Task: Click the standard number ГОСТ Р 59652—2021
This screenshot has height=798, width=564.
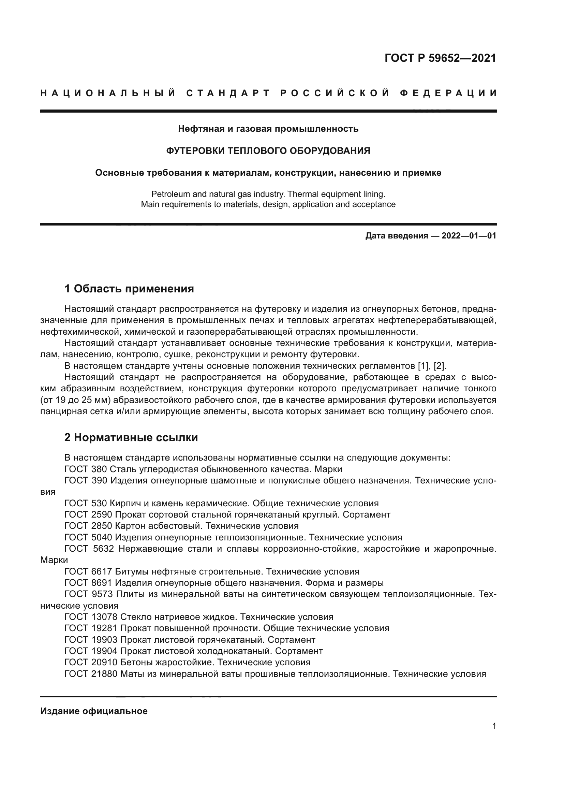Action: (x=440, y=58)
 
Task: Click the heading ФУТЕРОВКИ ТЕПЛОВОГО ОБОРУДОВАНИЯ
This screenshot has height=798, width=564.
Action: (x=268, y=151)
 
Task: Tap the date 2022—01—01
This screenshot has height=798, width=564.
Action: (x=469, y=236)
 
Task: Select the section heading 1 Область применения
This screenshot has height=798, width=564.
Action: (x=129, y=289)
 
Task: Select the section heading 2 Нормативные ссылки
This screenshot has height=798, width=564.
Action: (x=131, y=438)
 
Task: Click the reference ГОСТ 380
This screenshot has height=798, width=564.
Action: (x=86, y=469)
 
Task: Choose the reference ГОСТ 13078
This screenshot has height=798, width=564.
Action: (x=91, y=617)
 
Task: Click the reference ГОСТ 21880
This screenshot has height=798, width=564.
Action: (x=91, y=674)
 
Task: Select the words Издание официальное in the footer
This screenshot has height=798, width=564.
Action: (x=94, y=711)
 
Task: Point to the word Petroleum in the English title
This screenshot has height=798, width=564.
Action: (x=168, y=194)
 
